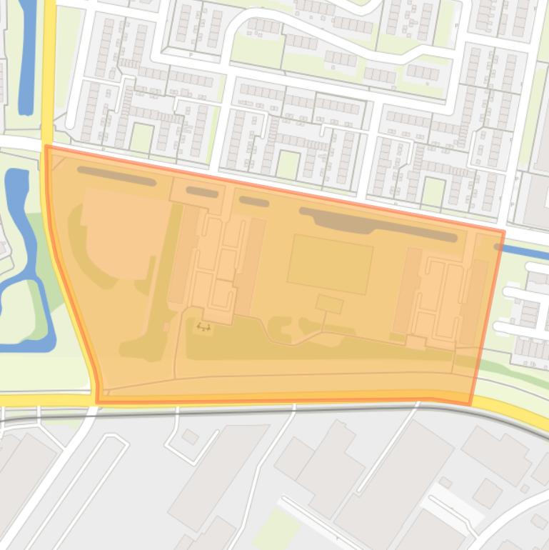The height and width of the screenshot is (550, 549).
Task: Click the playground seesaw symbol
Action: pyautogui.click(x=203, y=327)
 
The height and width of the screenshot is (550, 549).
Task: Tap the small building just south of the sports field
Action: pyautogui.click(x=329, y=304)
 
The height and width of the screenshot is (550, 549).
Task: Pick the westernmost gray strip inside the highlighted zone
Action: pyautogui.click(x=116, y=176)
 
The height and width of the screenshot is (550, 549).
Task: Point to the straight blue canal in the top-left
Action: pyautogui.click(x=26, y=57)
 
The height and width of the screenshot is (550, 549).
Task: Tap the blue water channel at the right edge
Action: pyautogui.click(x=525, y=251)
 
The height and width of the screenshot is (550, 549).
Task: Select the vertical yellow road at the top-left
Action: pyautogui.click(x=49, y=71)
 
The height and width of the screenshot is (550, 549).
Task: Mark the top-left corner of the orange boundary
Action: pyautogui.click(x=47, y=147)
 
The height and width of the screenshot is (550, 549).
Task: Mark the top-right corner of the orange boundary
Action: pyautogui.click(x=503, y=232)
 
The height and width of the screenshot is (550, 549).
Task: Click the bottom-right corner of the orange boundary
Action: pyautogui.click(x=470, y=404)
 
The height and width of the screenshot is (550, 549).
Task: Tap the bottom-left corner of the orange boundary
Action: pyautogui.click(x=98, y=401)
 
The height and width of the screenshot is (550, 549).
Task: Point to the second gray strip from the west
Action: pyautogui.click(x=202, y=192)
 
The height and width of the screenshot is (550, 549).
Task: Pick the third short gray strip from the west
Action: pyautogui.click(x=253, y=201)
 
